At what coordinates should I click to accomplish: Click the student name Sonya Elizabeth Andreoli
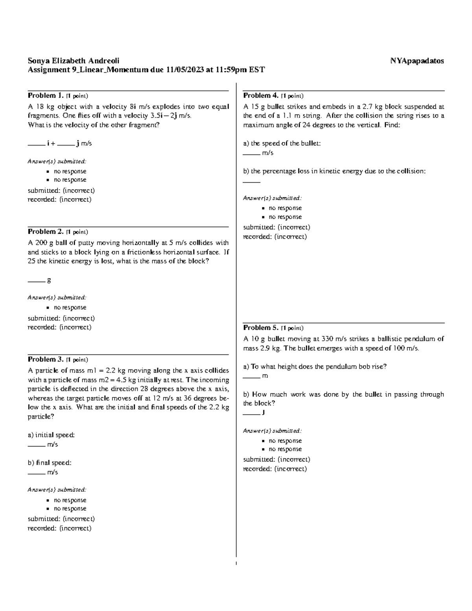click(73, 61)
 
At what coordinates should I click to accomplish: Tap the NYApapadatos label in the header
click(417, 61)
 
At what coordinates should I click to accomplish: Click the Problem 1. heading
click(45, 96)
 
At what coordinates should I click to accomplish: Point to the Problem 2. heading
click(45, 232)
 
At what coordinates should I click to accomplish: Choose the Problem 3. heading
click(45, 359)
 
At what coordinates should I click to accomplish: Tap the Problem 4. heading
click(261, 96)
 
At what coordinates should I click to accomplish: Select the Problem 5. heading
click(261, 328)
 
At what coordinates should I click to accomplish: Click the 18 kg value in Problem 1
click(39, 107)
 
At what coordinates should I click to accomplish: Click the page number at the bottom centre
click(236, 564)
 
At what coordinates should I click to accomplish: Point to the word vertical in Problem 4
click(367, 125)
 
